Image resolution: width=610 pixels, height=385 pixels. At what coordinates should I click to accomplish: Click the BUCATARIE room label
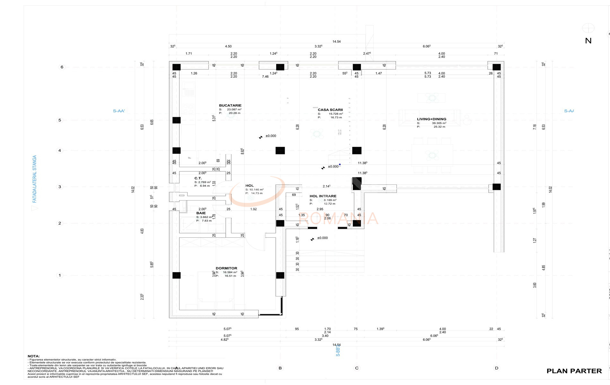[x=230, y=105]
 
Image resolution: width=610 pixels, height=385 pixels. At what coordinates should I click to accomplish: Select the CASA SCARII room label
[x=330, y=110]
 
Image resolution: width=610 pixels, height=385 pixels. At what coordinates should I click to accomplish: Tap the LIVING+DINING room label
[x=431, y=119]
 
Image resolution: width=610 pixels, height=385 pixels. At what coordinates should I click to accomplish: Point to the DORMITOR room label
[x=226, y=268]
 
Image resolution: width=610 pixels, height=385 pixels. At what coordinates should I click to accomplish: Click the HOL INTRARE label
[x=323, y=196]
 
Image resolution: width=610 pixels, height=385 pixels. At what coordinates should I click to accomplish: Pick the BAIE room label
[x=201, y=213]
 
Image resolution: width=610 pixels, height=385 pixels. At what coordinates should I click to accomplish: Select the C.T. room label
[x=198, y=178]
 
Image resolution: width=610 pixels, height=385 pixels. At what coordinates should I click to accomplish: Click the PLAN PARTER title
[x=574, y=371]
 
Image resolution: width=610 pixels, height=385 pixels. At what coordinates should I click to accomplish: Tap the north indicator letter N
[x=588, y=41]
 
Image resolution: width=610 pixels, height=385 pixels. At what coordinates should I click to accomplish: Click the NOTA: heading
[x=34, y=356]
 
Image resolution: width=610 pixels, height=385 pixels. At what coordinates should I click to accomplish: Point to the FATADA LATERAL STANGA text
[x=35, y=179]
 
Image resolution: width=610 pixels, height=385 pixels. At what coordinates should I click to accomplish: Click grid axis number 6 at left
[x=62, y=67]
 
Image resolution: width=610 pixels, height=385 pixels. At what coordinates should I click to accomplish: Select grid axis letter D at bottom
[x=497, y=368]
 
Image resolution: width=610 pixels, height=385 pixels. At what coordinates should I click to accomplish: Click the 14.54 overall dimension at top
[x=336, y=41]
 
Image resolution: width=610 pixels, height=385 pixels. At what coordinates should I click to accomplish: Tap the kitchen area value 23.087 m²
[x=234, y=109]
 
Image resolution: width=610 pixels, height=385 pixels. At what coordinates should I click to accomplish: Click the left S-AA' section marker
[x=119, y=111]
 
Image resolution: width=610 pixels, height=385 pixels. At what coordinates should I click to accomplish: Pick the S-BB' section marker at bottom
[x=338, y=351]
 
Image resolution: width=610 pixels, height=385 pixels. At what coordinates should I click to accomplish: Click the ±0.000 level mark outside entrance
[x=322, y=238]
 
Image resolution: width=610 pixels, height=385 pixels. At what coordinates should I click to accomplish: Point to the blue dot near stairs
[x=340, y=164]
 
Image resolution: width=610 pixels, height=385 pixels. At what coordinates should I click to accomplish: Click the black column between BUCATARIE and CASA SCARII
[x=280, y=150]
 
